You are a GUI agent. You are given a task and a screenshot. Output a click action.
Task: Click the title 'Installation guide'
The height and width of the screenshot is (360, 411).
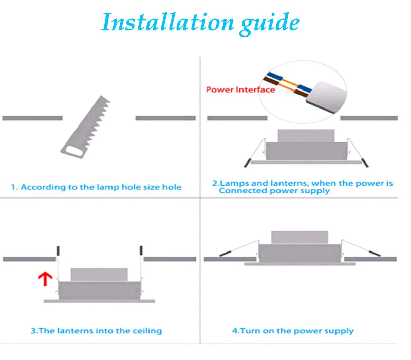(x=200, y=22)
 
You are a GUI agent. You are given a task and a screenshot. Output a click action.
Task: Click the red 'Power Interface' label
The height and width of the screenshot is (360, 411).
(x=240, y=89)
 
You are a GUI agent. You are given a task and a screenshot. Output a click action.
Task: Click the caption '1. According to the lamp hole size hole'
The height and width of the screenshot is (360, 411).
(x=101, y=187)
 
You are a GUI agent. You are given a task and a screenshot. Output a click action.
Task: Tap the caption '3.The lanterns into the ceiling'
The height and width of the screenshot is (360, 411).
(x=97, y=331)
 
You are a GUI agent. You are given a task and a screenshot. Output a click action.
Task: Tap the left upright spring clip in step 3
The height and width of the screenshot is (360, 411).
(x=59, y=251)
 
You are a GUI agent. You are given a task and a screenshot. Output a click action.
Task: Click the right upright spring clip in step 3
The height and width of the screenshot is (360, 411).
(x=140, y=251)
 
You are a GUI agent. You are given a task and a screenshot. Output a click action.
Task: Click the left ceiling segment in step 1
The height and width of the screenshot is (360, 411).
(x=32, y=118)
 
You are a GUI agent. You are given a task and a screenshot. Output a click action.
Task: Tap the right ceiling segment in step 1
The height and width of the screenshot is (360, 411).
(x=165, y=118)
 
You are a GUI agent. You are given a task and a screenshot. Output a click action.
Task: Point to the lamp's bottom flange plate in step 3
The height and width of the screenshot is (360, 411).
(x=99, y=301)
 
